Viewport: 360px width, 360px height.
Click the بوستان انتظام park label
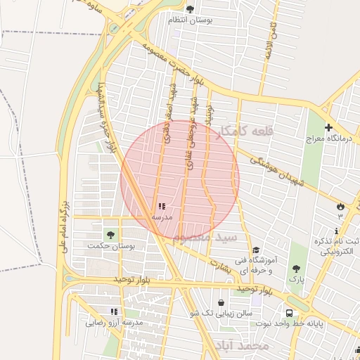[x=191, y=20]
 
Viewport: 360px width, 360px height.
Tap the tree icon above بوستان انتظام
[x=190, y=8]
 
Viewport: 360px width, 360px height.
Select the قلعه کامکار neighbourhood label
[x=253, y=131]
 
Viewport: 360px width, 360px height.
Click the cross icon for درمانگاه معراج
[x=328, y=127]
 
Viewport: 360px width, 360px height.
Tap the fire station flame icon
[x=341, y=207]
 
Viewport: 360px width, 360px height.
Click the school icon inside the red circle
[x=162, y=207]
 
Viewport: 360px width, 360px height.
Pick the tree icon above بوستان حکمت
[x=110, y=234]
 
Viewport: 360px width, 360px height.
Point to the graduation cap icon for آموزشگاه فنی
[x=257, y=250]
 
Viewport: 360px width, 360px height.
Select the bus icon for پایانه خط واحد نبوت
[x=289, y=313]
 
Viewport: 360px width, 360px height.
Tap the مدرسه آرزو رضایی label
[x=115, y=323]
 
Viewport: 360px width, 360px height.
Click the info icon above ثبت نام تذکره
[x=337, y=231]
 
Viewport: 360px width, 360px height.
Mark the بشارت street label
[x=220, y=262]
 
